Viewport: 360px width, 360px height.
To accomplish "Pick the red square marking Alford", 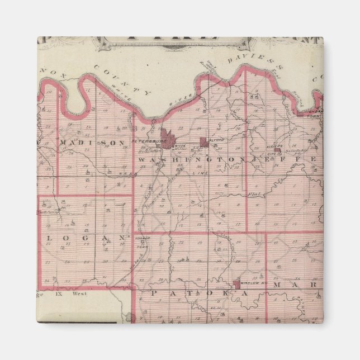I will click(x=203, y=143).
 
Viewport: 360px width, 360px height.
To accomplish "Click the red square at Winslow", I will click(x=236, y=284).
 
